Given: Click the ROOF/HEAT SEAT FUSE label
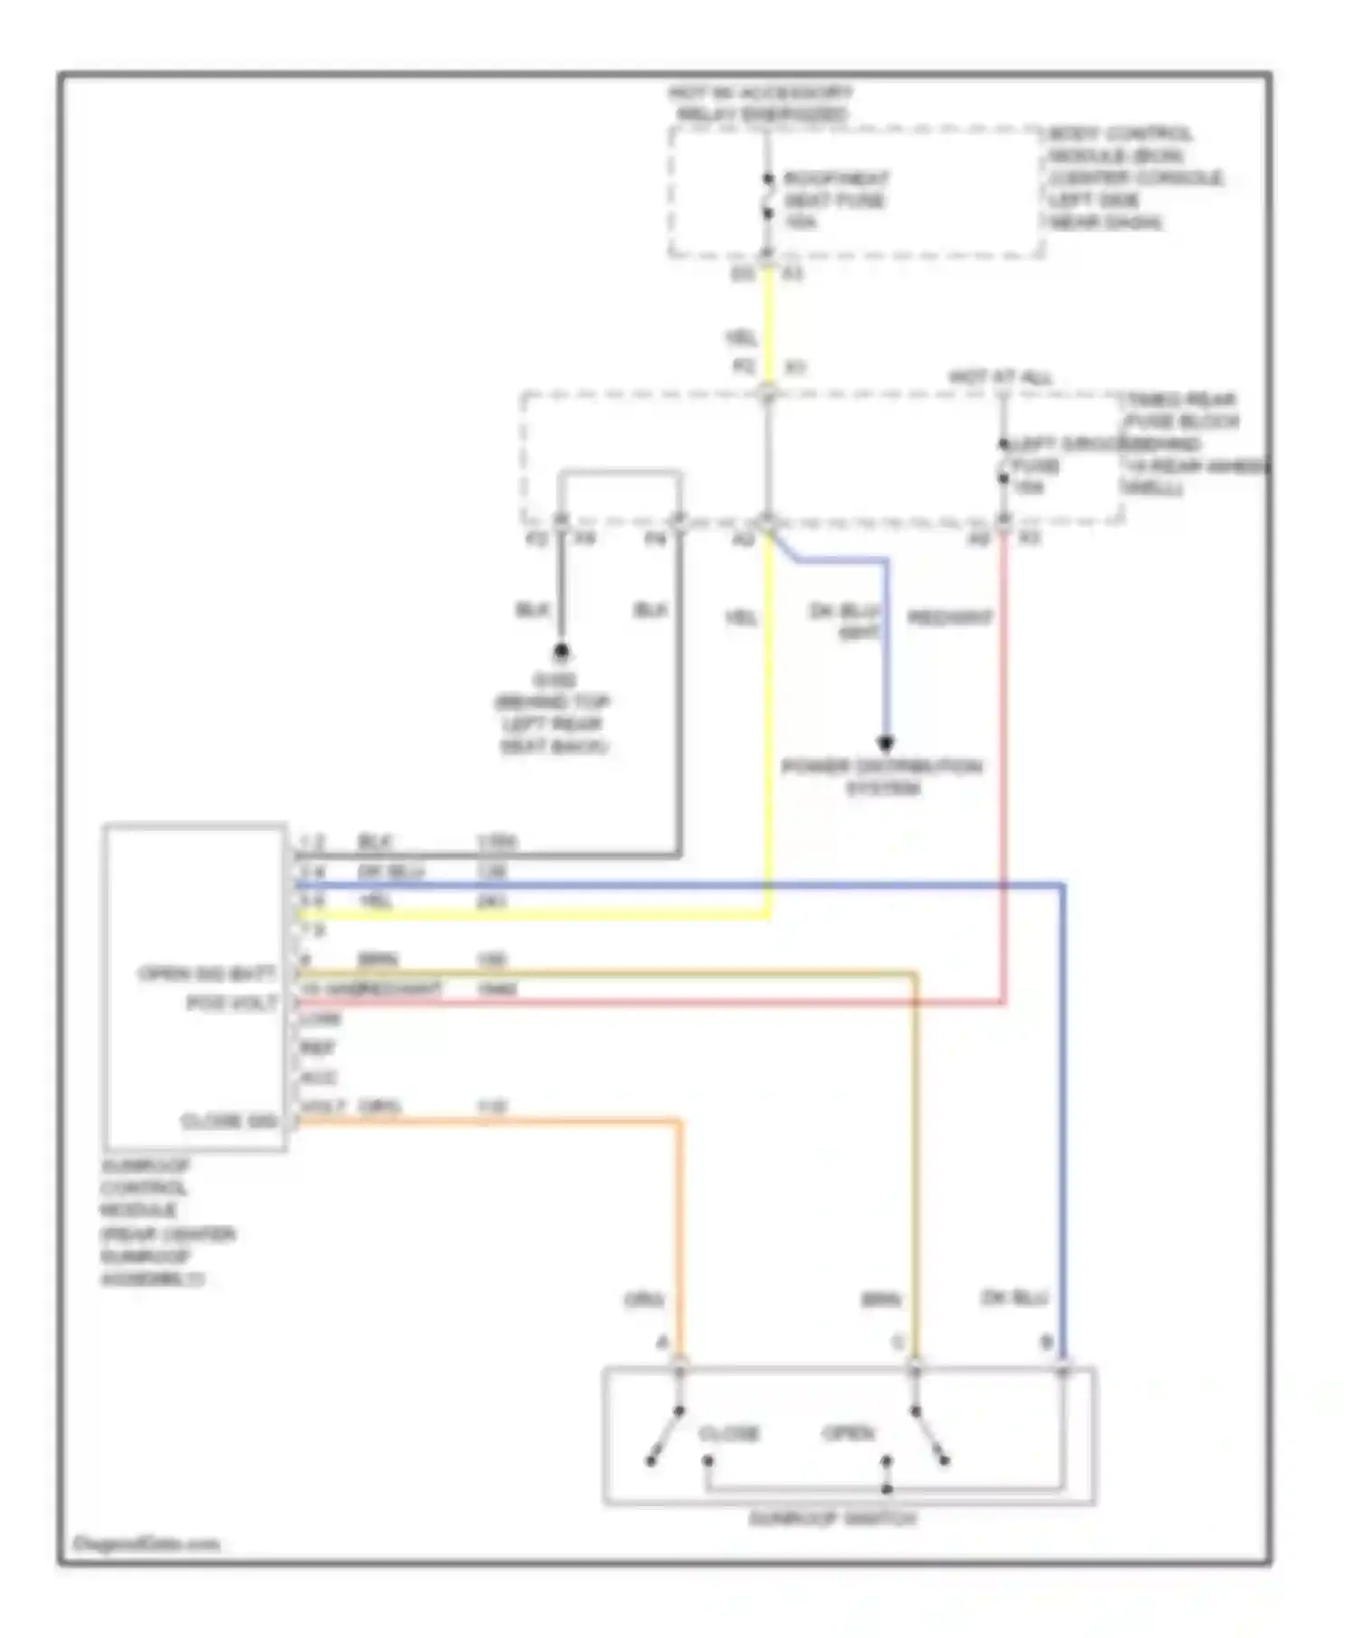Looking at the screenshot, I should [x=834, y=200].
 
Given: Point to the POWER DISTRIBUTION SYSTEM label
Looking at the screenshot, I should [x=881, y=777].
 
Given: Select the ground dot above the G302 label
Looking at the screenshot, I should [x=561, y=650].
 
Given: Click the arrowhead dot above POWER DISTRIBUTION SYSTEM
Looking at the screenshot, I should [x=886, y=743].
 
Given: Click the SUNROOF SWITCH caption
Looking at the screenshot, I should [x=832, y=1519].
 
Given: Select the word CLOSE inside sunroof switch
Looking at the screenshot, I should [x=729, y=1433].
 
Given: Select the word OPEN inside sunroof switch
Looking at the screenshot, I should [x=849, y=1433].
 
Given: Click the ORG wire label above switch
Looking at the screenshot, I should [x=644, y=1300].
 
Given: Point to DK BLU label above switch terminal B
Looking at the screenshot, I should [x=1014, y=1298].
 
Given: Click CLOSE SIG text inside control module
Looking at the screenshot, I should [x=229, y=1121].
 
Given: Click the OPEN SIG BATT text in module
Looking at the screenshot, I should [x=208, y=973].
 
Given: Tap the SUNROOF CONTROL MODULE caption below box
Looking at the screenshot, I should [x=167, y=1221].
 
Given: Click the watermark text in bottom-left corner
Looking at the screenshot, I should [x=145, y=1544].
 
